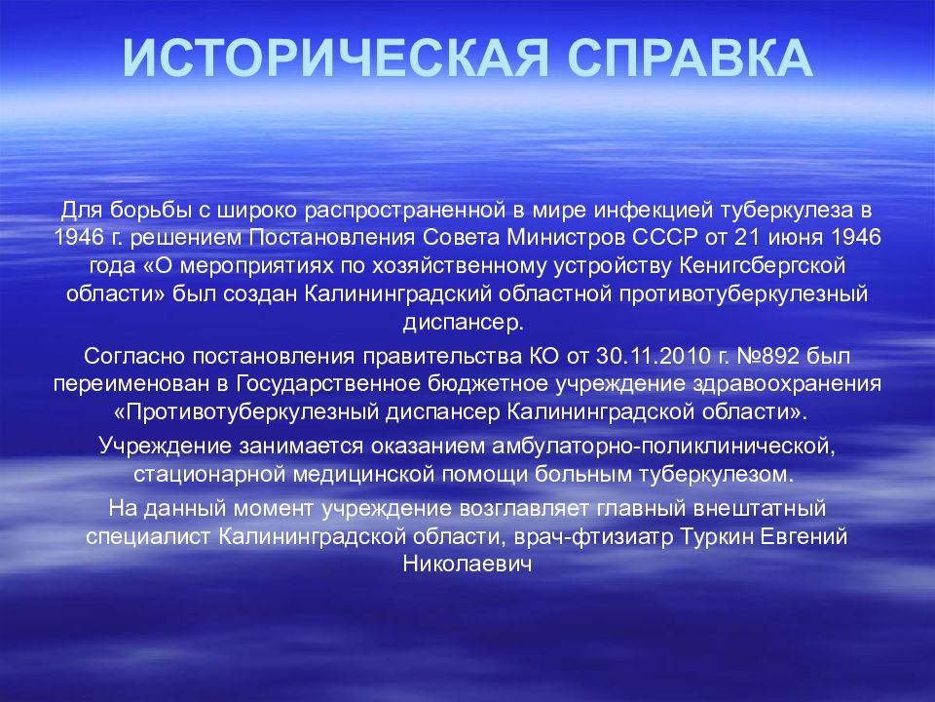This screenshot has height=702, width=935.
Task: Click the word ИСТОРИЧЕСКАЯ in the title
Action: click(335, 58)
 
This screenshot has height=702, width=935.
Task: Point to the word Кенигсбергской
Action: click(763, 266)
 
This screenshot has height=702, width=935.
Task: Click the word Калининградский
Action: click(398, 294)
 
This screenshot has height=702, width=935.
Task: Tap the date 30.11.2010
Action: click(654, 357)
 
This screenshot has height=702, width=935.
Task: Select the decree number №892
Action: click(768, 357)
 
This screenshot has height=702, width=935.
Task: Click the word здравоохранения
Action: click(787, 384)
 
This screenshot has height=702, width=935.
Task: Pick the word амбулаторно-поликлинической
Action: click(662, 447)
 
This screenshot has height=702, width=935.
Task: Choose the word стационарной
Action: click(210, 475)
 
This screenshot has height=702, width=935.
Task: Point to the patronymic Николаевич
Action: click(467, 565)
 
